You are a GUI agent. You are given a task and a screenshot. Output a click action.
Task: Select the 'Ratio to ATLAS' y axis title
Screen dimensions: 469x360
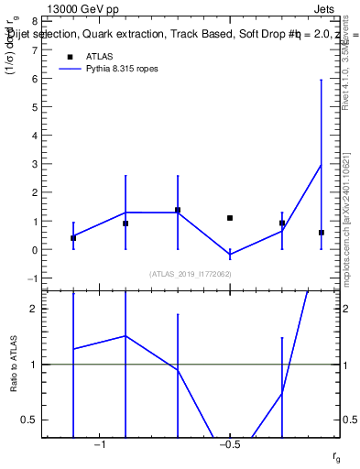coord(14,364)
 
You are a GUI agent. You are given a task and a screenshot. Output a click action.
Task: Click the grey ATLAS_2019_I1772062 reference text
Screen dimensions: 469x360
coord(191,274)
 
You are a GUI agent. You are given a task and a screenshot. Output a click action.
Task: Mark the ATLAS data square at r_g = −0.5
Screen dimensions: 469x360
coord(230,218)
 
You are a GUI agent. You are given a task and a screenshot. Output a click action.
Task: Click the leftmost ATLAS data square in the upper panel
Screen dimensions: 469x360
coord(73,238)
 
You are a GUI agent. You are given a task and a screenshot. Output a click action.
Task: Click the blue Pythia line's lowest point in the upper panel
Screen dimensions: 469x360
coord(230,254)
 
